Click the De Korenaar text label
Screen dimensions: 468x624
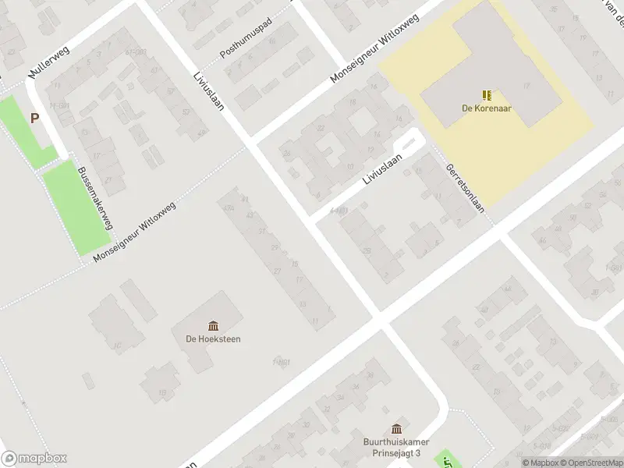point(486,108)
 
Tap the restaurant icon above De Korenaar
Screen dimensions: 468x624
point(487,95)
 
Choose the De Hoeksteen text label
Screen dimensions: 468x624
point(213,339)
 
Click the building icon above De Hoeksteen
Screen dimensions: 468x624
point(213,324)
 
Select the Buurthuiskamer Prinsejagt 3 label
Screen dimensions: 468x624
point(396,447)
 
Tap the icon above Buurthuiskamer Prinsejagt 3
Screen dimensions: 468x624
point(396,428)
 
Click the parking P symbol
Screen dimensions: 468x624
point(34,119)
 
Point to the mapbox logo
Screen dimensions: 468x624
point(34,458)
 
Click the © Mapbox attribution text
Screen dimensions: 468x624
point(539,463)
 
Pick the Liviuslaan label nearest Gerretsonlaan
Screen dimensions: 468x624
point(381,168)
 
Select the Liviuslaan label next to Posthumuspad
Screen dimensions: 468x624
point(208,90)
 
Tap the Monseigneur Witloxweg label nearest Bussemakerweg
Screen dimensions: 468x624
point(134,231)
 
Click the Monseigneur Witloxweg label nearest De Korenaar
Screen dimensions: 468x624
point(375,48)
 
